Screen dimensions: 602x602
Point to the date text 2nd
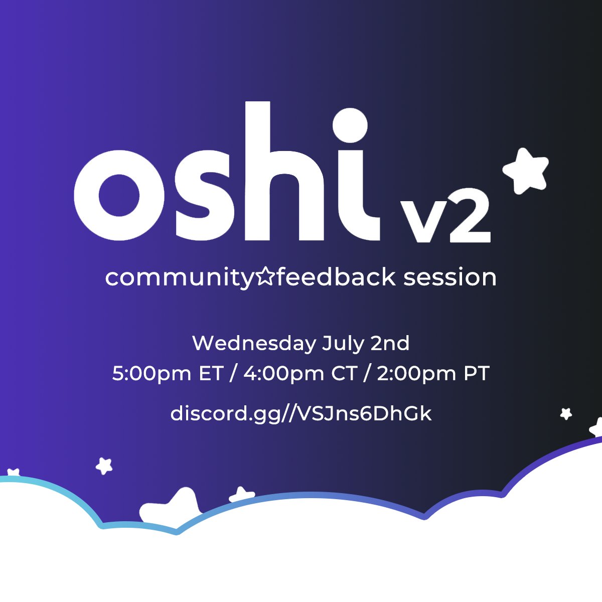pyautogui.click(x=390, y=344)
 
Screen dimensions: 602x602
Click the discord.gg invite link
pyautogui.click(x=301, y=414)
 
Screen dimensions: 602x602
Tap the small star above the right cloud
pyautogui.click(x=566, y=414)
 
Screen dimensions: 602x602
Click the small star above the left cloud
pyautogui.click(x=104, y=466)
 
